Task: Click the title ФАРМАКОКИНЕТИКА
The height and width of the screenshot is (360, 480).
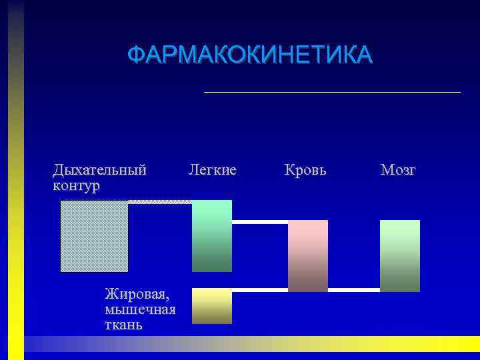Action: tap(250, 55)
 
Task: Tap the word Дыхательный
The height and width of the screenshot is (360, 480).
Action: tap(99, 170)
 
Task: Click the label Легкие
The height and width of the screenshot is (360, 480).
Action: tap(213, 170)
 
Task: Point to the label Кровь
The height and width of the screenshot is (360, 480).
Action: tap(305, 170)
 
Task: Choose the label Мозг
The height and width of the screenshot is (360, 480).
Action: tap(398, 170)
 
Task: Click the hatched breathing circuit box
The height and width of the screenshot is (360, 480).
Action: tap(94, 236)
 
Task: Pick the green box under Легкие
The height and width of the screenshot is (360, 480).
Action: tap(212, 235)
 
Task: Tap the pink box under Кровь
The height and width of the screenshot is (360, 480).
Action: tap(308, 255)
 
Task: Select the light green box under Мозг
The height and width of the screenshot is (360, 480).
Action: tap(400, 255)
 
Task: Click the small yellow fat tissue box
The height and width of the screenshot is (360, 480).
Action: tap(212, 307)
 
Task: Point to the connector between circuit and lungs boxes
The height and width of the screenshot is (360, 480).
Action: tap(160, 201)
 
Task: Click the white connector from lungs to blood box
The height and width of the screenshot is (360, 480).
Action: tap(260, 221)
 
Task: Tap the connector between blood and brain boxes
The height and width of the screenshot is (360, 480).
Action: tap(354, 290)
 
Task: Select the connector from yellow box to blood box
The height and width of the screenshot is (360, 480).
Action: tap(260, 290)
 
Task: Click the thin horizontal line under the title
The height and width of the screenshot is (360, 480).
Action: tap(332, 91)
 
